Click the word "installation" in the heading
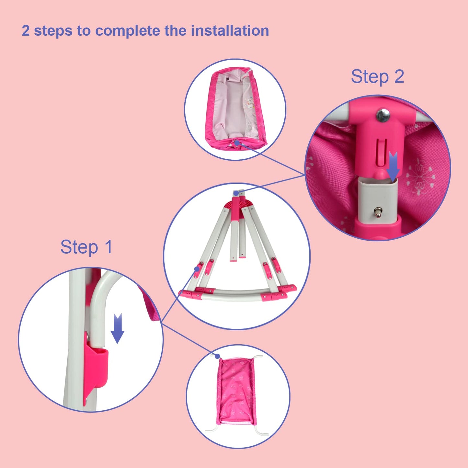(230, 31)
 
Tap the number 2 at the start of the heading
(26, 31)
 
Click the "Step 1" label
(86, 247)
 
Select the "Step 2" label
(377, 77)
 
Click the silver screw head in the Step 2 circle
(383, 115)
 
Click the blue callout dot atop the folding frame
(236, 193)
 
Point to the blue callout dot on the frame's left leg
(197, 268)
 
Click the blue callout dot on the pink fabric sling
(217, 356)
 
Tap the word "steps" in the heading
(53, 31)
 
